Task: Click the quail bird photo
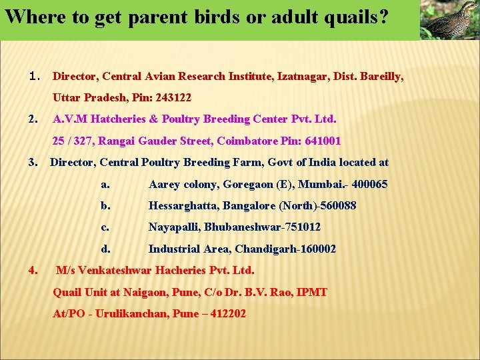click(x=450, y=20)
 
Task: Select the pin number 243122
click(x=173, y=97)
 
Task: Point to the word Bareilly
click(x=381, y=77)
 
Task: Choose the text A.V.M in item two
click(x=69, y=119)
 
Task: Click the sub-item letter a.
click(x=105, y=185)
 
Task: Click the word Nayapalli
click(x=174, y=227)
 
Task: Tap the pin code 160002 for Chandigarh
click(x=317, y=249)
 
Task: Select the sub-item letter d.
click(x=105, y=249)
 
